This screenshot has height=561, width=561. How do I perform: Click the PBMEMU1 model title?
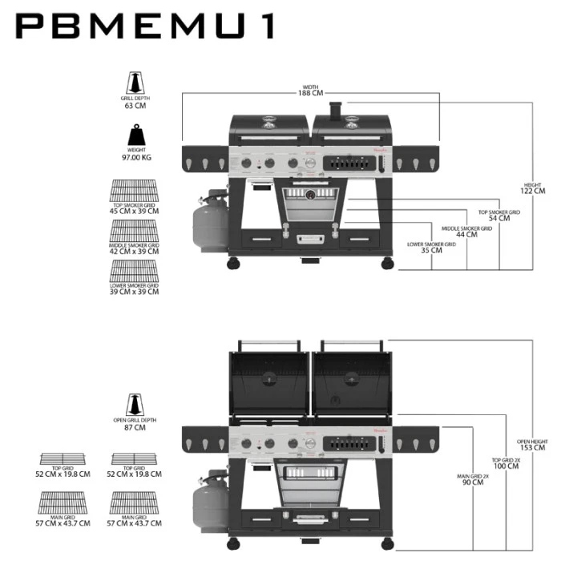[145, 26]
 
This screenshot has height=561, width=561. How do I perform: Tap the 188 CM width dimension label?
[312, 93]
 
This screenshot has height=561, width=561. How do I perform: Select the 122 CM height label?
[533, 191]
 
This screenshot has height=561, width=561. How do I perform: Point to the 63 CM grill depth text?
[135, 105]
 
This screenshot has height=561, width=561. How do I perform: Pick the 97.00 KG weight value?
[135, 157]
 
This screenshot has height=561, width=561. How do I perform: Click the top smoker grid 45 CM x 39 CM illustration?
[135, 192]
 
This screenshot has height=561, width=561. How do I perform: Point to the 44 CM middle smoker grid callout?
[465, 234]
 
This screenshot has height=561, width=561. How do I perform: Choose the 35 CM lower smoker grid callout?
[431, 250]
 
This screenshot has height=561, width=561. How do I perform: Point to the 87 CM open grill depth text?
[135, 427]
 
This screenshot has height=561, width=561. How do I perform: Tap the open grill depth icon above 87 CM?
[135, 403]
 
